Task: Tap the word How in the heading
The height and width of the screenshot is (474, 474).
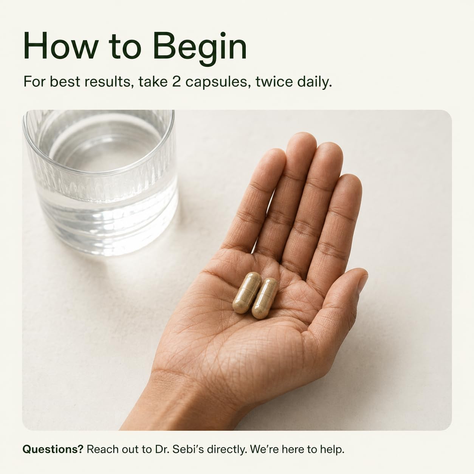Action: (x=60, y=46)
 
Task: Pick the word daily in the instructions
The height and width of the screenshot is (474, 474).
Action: (x=312, y=82)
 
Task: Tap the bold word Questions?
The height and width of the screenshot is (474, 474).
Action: (x=53, y=449)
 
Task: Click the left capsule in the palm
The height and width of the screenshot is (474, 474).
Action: (x=247, y=293)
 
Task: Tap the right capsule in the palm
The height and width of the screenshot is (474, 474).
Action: (x=265, y=298)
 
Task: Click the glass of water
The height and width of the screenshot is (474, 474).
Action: (x=101, y=182)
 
